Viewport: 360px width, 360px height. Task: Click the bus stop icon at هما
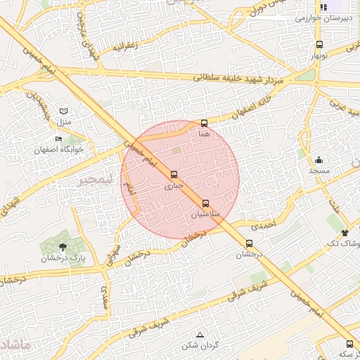(x=205, y=123)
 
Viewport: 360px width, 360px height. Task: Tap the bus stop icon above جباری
(x=174, y=174)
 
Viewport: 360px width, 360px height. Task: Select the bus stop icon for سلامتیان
(x=205, y=202)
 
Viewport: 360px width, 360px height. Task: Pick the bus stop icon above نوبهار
(x=320, y=44)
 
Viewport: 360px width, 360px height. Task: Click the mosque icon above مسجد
(x=319, y=160)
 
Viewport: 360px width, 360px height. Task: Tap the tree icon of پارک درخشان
(x=63, y=247)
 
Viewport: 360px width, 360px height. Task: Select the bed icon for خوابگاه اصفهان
(x=58, y=139)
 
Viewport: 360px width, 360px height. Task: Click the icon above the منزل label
(x=65, y=111)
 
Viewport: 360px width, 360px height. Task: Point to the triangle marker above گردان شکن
(x=200, y=335)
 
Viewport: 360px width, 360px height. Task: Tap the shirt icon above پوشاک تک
(x=345, y=233)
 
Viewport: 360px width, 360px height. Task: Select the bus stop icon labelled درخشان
(x=249, y=243)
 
